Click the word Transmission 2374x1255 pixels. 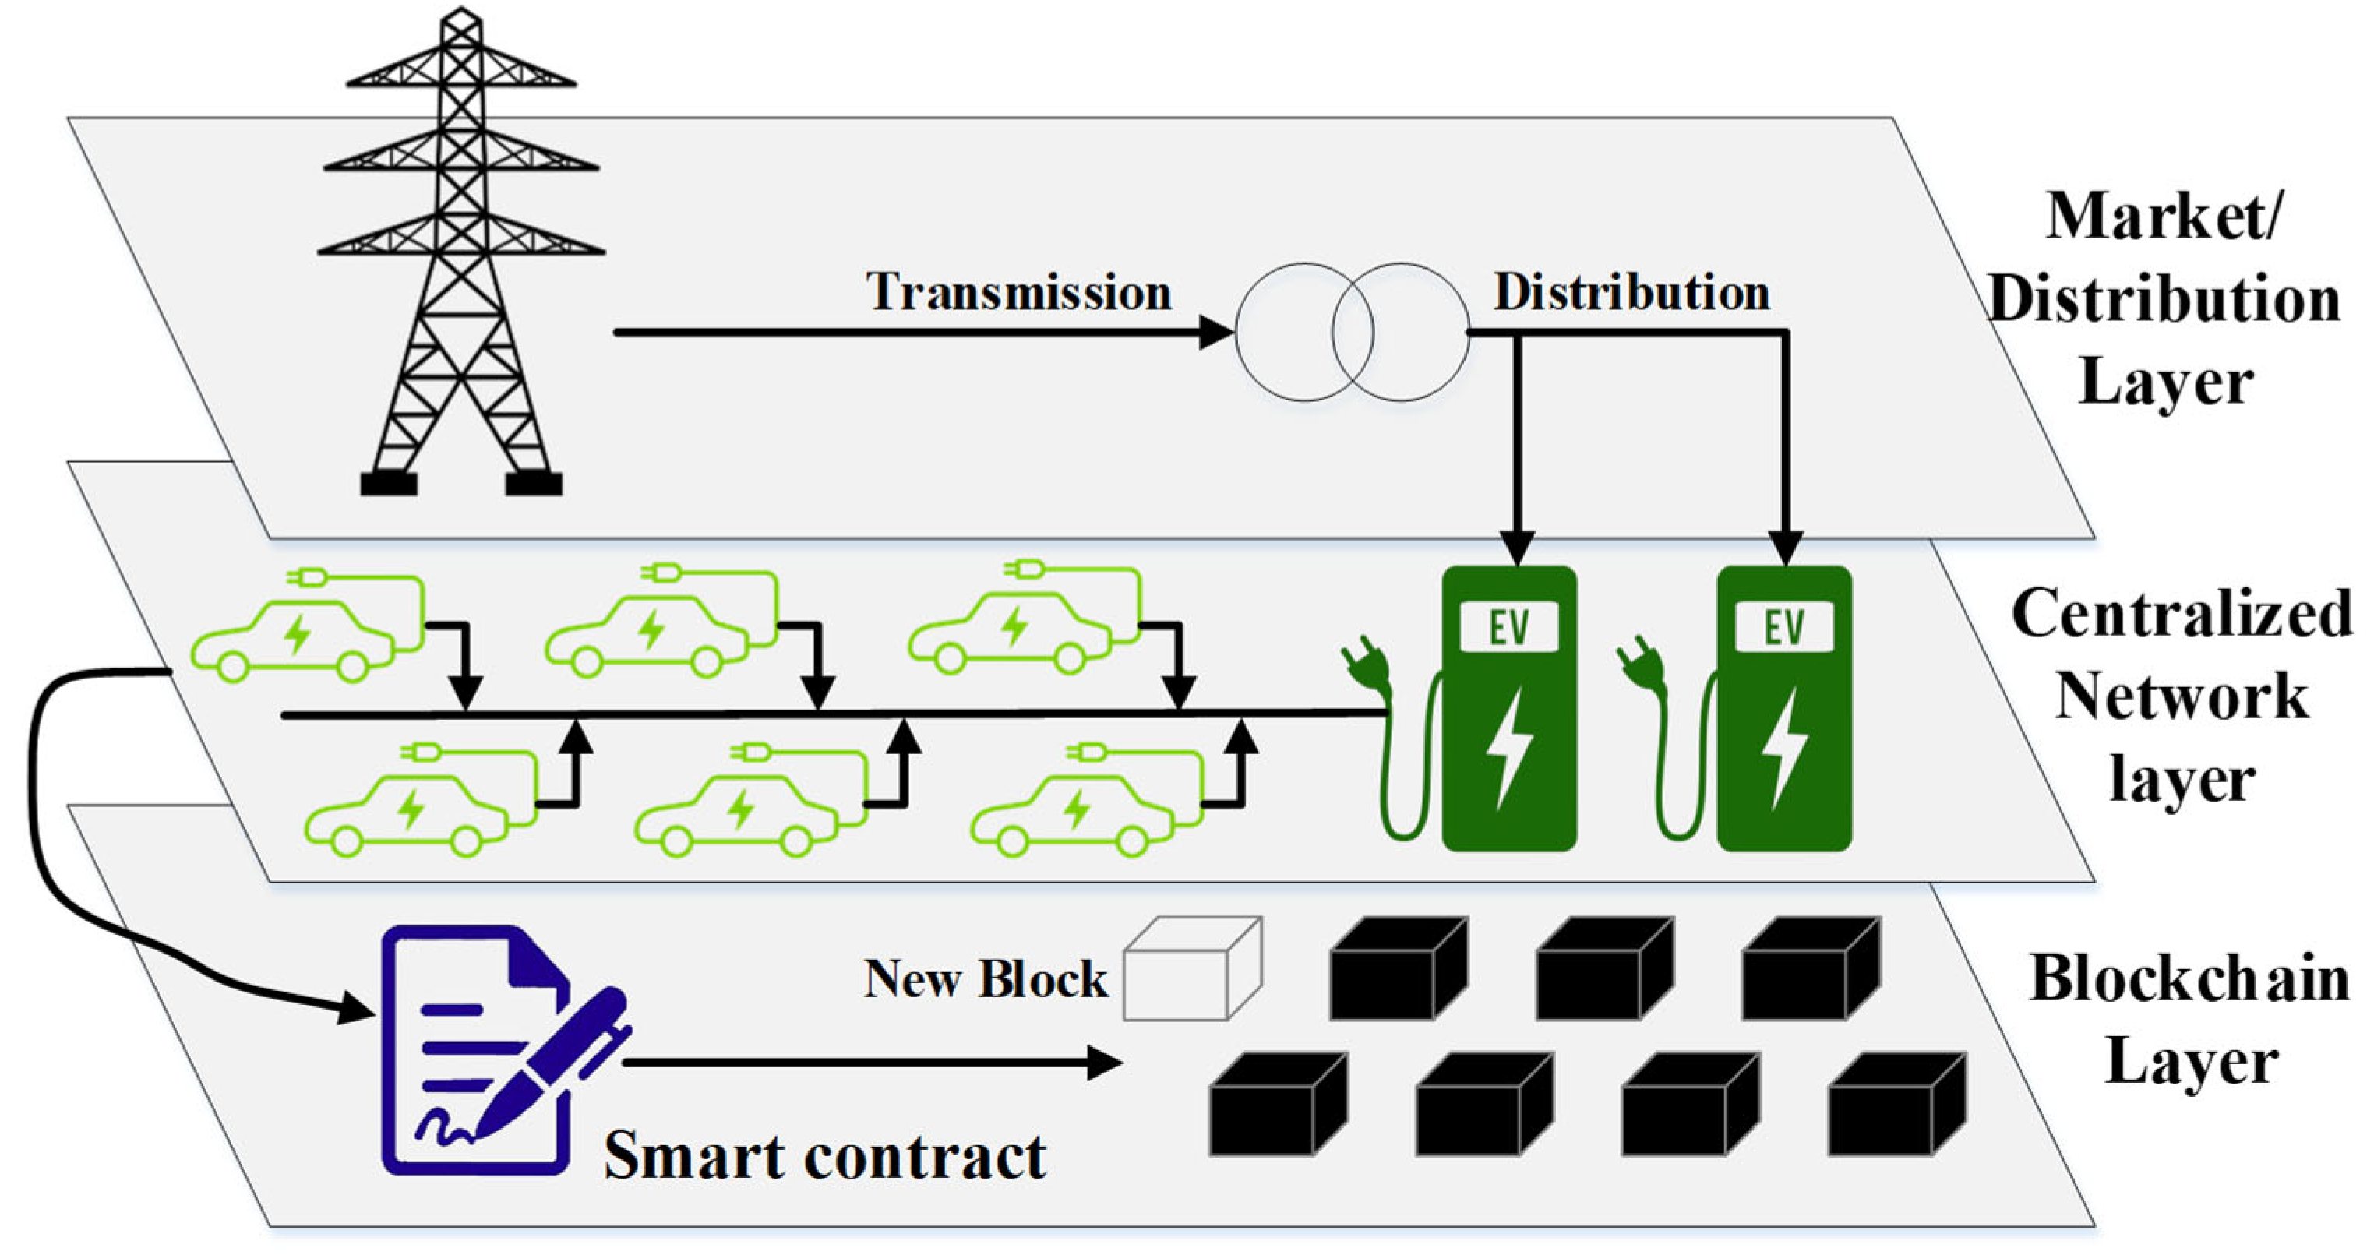1018,292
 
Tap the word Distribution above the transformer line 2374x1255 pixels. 1631,292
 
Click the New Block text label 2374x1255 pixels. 984,978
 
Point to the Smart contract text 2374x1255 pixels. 825,1155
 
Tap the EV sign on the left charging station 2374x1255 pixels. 1508,628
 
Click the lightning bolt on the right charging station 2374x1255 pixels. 1784,746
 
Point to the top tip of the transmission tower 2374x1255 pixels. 460,13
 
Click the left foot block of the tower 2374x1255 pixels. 388,483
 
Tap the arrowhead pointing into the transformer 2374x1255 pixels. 1216,332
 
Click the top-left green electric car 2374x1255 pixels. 295,636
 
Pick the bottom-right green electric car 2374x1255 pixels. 1074,811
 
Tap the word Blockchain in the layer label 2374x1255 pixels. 2189,978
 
